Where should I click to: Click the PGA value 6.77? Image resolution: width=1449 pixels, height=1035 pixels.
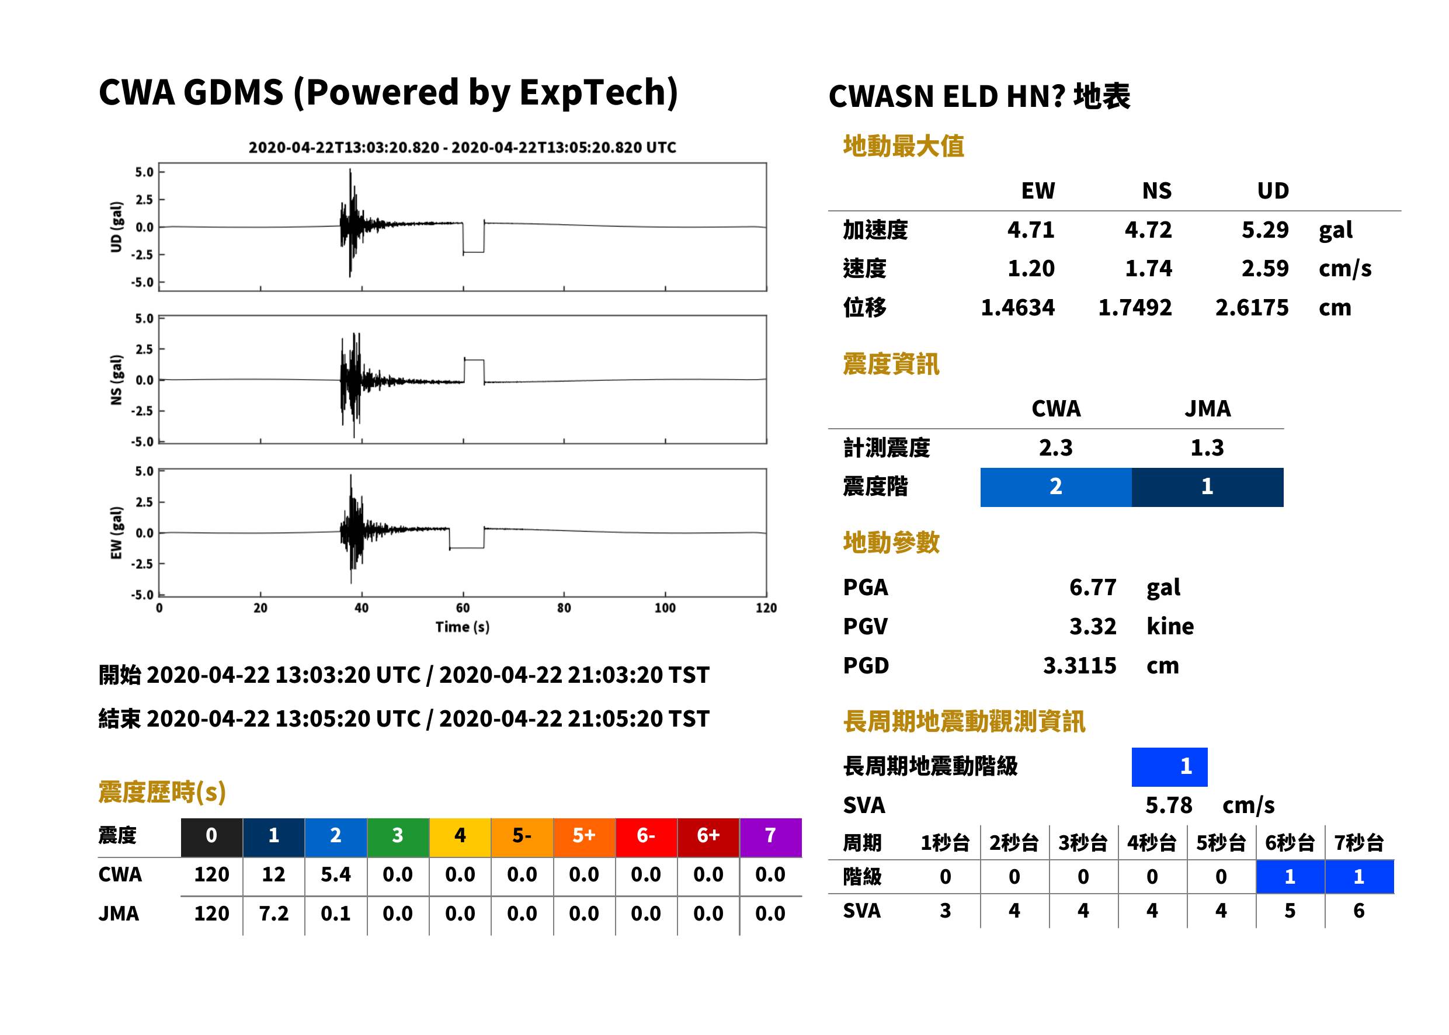(x=1092, y=587)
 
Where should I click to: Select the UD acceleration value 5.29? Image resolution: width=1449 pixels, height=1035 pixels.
(x=1265, y=230)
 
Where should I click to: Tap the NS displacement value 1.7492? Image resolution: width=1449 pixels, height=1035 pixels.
(x=1135, y=307)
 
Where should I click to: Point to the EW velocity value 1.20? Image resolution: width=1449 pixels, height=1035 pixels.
(x=1031, y=268)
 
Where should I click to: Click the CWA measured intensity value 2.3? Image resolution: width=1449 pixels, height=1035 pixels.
(x=1056, y=447)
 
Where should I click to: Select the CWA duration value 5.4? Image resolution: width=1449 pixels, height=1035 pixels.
(x=336, y=874)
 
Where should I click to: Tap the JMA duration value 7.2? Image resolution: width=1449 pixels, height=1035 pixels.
(x=274, y=914)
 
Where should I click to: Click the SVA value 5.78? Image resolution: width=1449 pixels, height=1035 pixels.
(x=1169, y=805)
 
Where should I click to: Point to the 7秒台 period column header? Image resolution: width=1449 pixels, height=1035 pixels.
(x=1358, y=842)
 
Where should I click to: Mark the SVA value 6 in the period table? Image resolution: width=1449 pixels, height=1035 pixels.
(x=1358, y=911)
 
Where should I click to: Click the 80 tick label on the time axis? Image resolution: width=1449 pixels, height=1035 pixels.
(x=564, y=608)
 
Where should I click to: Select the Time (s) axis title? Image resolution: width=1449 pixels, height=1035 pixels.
(x=463, y=627)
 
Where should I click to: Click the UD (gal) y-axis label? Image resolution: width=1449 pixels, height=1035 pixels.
(x=116, y=227)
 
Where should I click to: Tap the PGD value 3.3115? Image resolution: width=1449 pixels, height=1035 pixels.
(x=1079, y=665)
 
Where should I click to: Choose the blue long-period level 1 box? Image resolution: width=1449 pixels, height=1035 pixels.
(x=1169, y=767)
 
